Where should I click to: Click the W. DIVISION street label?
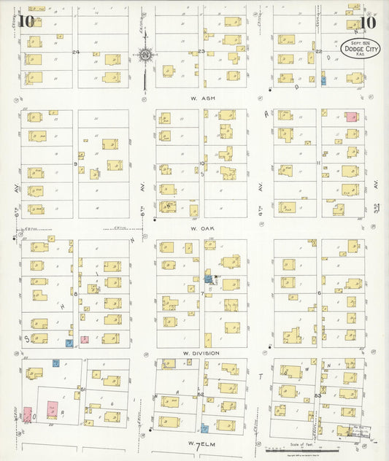coord(201,352)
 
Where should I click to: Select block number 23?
coord(201,52)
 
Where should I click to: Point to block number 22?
coord(318,52)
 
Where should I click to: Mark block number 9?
coord(75,164)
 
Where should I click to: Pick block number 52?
coord(200,394)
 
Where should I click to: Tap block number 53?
coord(317,395)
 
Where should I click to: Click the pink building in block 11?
coord(351,117)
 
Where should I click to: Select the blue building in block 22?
coord(323,80)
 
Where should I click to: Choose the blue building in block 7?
coord(209,279)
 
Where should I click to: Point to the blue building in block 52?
coord(204,428)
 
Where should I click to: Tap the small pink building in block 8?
coord(85,339)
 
